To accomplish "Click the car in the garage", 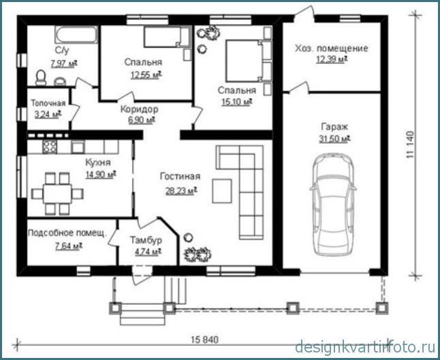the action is click(333, 205).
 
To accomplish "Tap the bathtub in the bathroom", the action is click(76, 35).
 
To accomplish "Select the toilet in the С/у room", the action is click(41, 78).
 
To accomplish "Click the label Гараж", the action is click(334, 127).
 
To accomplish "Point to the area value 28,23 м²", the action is click(181, 191).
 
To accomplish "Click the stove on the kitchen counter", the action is click(50, 146).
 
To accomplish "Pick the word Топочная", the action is click(48, 103).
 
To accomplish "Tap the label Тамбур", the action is click(146, 240).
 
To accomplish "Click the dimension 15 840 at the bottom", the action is click(205, 340).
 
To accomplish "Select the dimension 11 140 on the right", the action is click(410, 145).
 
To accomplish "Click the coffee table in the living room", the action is click(222, 191).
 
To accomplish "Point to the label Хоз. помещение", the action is click(332, 48).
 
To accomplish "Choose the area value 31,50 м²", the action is click(334, 139).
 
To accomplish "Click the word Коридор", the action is click(139, 109).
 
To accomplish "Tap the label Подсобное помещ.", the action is click(67, 233).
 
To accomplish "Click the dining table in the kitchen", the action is click(57, 193).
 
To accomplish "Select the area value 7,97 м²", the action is click(64, 64).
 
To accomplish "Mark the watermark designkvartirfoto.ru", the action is click(366, 347).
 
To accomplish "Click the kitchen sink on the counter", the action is click(78, 146).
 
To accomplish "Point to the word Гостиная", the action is click(180, 176).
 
